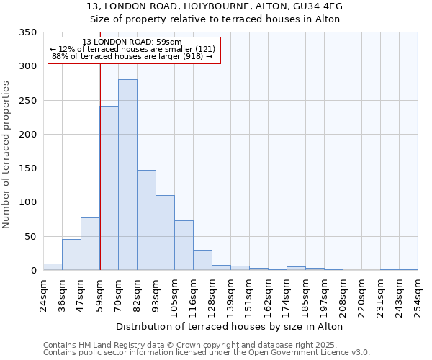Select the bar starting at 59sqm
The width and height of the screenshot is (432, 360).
pos(109,188)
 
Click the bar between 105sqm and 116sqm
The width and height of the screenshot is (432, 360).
pos(184,246)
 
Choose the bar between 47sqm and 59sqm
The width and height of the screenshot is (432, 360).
pos(90,244)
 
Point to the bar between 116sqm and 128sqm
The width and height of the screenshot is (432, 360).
pos(202,260)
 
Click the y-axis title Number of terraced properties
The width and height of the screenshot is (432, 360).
pos(7,154)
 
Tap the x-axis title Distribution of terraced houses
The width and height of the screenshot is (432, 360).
pos(229,326)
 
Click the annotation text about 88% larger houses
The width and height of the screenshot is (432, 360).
pos(132,56)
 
